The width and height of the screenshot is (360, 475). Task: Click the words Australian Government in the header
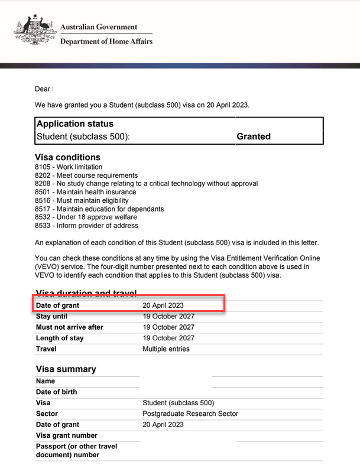coord(99,27)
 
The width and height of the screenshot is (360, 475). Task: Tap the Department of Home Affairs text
coord(106,41)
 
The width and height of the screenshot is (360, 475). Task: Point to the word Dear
coord(43,89)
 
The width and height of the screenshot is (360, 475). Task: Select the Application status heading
coord(75,124)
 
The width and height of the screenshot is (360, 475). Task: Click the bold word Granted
coord(254,136)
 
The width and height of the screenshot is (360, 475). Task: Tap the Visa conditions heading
coord(68,157)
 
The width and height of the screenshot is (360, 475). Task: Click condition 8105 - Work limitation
coord(69,167)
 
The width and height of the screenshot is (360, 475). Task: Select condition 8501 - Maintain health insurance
coord(86,192)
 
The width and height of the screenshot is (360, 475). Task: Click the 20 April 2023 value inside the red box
coord(163,305)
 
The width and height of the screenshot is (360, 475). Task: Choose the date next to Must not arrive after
coord(168,327)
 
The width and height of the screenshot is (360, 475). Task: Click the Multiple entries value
coord(166,349)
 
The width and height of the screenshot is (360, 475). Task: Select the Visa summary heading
coord(66,369)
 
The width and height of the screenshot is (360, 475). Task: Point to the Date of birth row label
coord(56,392)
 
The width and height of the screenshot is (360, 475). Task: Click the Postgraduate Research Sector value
coord(190,414)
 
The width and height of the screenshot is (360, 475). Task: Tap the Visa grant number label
coord(67,435)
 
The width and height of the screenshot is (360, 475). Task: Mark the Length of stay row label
coord(60,338)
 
